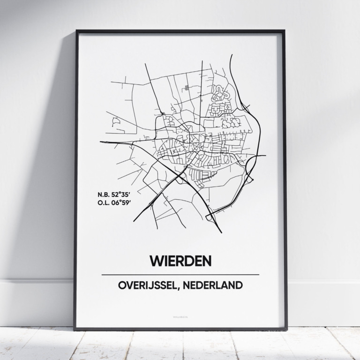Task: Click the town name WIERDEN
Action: tap(180, 261)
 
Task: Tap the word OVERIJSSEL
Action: tap(146, 285)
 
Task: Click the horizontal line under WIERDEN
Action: tap(180, 275)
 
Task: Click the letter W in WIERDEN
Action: tap(155, 261)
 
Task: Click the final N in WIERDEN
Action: tap(206, 261)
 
